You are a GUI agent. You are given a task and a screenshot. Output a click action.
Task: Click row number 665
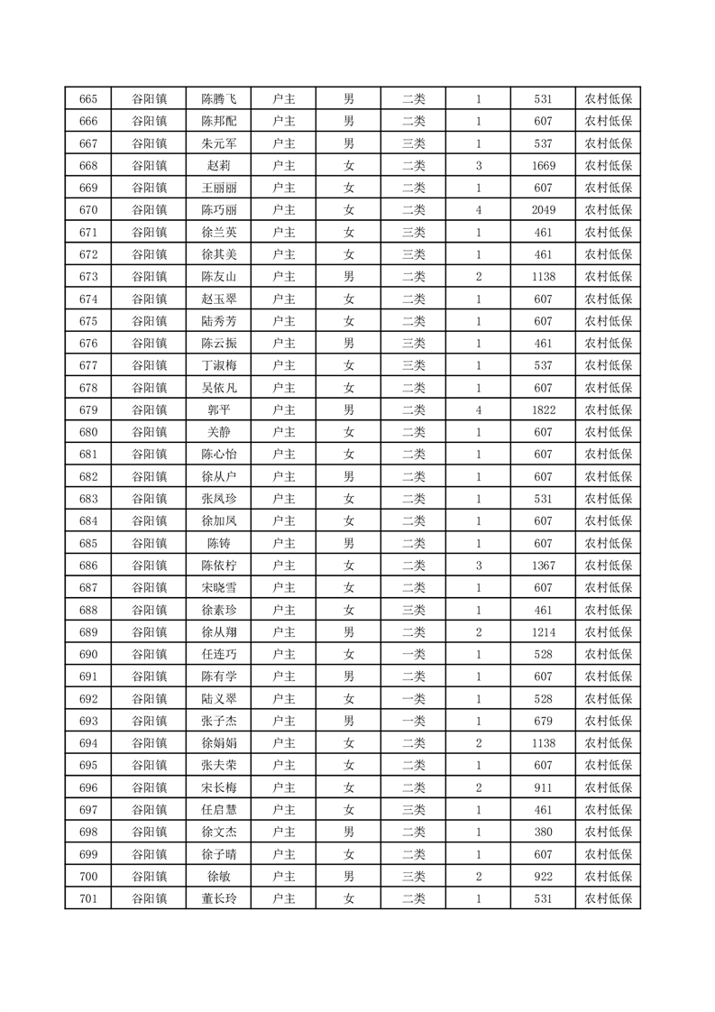88,99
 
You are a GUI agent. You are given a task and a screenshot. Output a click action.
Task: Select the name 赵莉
219,166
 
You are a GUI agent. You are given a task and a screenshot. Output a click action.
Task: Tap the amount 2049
543,210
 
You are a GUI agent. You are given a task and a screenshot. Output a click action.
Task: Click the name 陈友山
219,277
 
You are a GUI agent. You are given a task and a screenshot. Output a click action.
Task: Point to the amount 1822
543,410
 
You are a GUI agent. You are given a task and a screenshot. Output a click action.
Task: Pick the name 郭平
219,410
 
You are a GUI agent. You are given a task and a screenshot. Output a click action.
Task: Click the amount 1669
543,166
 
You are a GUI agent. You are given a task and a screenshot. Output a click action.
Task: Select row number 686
88,566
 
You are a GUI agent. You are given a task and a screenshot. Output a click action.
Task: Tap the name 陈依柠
219,566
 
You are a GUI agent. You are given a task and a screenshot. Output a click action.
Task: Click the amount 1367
543,566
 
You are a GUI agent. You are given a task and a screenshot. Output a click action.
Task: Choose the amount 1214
543,632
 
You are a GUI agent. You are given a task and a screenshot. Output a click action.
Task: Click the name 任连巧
219,655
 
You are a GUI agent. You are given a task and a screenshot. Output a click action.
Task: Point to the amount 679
543,721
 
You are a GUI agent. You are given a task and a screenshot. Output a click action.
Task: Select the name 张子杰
219,721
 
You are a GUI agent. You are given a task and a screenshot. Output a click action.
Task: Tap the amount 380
543,832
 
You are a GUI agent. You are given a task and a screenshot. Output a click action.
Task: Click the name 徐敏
219,876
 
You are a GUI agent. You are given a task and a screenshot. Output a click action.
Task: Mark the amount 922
543,876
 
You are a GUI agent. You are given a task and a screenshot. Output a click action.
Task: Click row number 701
88,898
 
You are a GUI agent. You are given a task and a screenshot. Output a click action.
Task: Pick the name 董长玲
219,898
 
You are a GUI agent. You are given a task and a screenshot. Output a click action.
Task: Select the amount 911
543,787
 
